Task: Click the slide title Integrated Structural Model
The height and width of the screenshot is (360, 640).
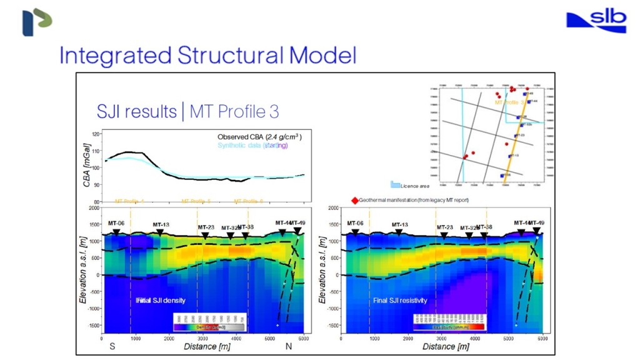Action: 207,56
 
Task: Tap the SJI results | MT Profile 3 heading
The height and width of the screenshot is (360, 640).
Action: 187,111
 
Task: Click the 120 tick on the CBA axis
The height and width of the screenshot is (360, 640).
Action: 96,134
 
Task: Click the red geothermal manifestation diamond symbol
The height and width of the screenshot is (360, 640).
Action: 355,200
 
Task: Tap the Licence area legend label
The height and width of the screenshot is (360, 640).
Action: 415,186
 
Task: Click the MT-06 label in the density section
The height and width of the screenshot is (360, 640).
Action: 116,223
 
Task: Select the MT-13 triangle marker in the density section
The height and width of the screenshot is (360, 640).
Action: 160,232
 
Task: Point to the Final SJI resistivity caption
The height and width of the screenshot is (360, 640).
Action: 400,301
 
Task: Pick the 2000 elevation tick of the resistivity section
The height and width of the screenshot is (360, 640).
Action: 332,208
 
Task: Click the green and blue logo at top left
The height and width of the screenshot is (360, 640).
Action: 37,22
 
